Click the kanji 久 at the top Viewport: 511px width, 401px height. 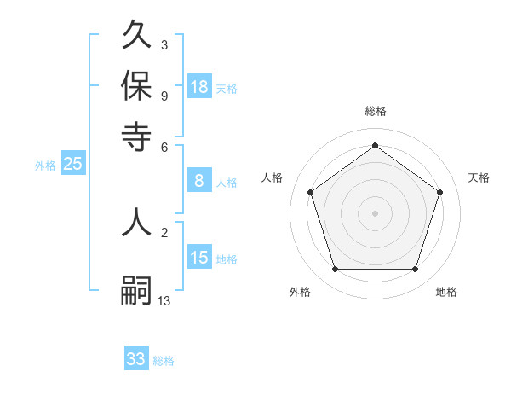coord(136,36)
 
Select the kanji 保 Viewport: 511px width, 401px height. coord(136,85)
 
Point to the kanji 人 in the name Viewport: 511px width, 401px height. coord(136,222)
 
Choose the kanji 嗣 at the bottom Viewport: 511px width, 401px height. coord(136,290)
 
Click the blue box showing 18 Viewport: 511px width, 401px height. coord(199,87)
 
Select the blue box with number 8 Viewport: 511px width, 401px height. coord(199,181)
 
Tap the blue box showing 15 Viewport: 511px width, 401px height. coord(199,258)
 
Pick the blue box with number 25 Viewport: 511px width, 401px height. coord(72,165)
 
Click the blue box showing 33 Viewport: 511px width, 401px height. coord(136,359)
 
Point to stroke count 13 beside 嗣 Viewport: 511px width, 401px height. coord(164,300)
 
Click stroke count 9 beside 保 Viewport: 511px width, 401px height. coord(164,95)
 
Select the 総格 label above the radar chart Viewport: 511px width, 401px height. coord(375,111)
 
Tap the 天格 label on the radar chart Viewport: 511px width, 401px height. coord(479,177)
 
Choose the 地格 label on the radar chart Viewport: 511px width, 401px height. coord(446,292)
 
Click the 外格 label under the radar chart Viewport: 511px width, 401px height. coord(300,292)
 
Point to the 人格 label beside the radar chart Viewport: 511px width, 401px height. coord(273,177)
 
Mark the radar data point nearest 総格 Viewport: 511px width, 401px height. coord(375,146)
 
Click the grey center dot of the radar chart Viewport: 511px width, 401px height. coord(375,212)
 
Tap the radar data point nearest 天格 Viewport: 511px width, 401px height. coord(439,192)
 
